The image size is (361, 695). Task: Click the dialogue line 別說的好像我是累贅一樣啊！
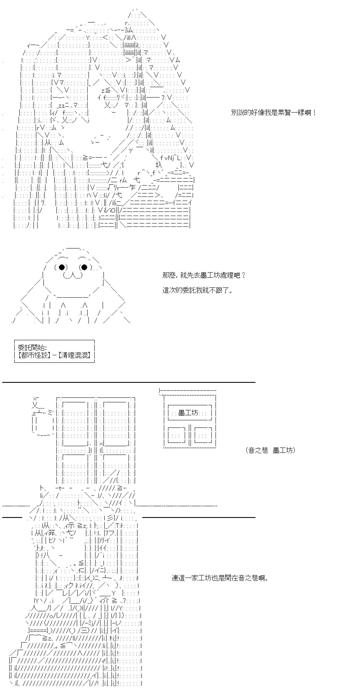[x=274, y=113]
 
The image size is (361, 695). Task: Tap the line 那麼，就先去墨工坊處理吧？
[x=204, y=275]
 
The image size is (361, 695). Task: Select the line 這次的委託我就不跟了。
[x=197, y=291]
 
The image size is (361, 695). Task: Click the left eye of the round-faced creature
[x=62, y=267]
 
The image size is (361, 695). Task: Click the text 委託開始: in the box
[x=32, y=348]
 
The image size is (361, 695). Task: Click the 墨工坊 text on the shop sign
[x=188, y=413]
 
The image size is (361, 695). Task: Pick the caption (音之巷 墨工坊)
[x=270, y=450]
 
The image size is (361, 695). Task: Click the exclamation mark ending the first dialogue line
[x=314, y=113]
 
